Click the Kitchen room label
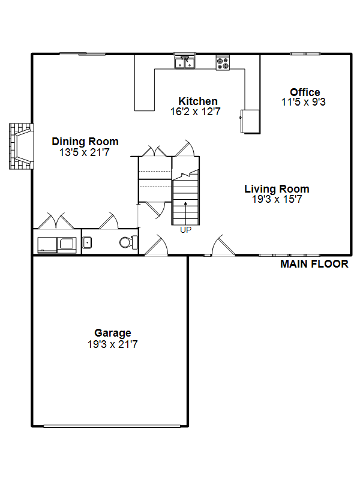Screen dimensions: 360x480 click(198, 101)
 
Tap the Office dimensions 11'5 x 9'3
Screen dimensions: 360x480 click(304, 102)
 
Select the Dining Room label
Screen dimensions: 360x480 click(85, 142)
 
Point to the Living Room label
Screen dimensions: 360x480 click(277, 189)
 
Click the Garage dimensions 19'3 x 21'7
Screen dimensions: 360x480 click(112, 344)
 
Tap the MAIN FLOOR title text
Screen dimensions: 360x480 click(314, 264)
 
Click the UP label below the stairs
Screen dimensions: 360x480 click(186, 230)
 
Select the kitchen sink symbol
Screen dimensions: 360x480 click(185, 62)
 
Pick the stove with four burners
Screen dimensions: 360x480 click(223, 63)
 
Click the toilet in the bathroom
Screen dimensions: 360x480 click(128, 242)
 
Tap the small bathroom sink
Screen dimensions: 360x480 click(87, 242)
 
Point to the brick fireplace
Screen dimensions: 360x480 click(21, 146)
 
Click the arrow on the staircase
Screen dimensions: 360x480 click(185, 214)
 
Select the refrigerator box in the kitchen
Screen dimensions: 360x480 click(250, 122)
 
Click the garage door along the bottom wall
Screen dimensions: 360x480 click(112, 426)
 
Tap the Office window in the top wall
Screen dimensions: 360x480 click(305, 54)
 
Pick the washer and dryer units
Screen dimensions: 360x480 click(57, 245)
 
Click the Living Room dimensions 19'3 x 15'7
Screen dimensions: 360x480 click(277, 199)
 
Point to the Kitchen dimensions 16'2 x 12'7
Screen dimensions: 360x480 click(196, 112)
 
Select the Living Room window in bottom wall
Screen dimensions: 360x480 click(290, 255)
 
